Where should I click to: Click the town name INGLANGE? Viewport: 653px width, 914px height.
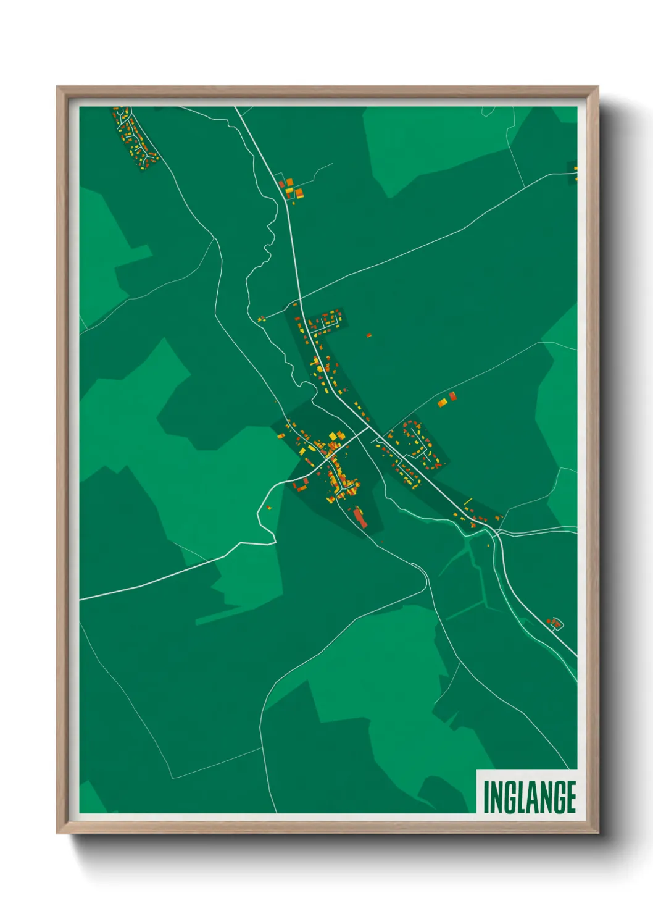pos(529,797)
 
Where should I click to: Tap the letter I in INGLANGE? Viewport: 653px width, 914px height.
pos(486,797)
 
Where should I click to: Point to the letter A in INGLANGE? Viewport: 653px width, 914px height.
pos(531,797)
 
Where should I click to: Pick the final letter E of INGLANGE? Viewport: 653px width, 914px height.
pos(571,797)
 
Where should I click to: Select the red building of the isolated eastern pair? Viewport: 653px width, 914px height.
pos(452,396)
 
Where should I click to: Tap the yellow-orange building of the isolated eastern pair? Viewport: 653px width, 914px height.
pos(442,403)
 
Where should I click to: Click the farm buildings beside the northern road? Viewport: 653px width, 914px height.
pos(291,188)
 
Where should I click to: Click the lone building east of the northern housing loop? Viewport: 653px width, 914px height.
pos(369,335)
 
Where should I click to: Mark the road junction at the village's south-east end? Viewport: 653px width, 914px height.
pos(495,531)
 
